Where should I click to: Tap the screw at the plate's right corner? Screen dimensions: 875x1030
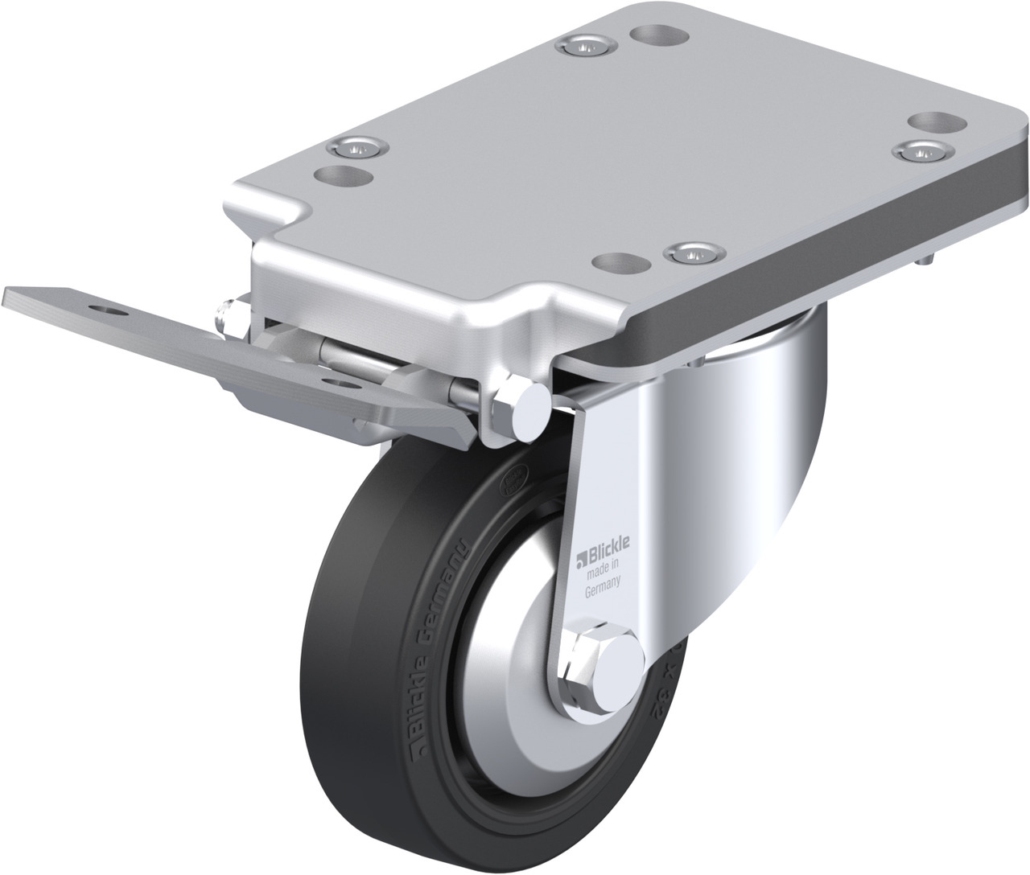click(921, 150)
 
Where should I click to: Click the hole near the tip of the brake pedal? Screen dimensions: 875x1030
click(105, 309)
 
